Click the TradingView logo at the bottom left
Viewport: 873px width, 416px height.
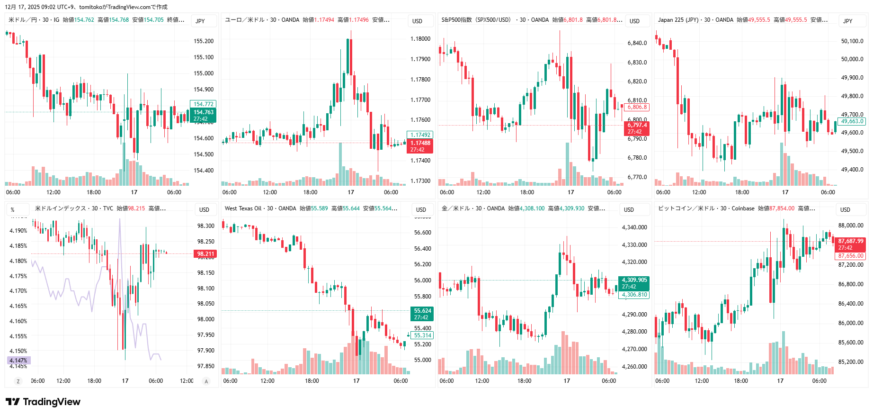43,402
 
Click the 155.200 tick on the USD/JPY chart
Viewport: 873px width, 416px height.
204,41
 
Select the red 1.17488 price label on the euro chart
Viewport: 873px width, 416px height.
420,143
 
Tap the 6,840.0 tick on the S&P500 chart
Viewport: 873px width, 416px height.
637,43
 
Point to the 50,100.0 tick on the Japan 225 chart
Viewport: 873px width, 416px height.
852,41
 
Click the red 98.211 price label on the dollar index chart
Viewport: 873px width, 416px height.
205,254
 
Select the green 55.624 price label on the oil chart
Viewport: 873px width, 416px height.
422,311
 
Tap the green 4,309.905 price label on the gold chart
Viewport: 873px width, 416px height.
634,280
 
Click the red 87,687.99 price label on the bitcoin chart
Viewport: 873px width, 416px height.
850,241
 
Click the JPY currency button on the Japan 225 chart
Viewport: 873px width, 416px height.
847,21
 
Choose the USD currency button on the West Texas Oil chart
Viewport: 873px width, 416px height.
421,209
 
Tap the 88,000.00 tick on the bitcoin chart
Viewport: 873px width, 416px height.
851,226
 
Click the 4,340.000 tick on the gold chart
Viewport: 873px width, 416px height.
634,227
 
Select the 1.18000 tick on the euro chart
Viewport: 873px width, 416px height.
420,39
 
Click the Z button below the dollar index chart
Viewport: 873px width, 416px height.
18,381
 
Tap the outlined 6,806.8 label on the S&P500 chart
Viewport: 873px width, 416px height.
637,107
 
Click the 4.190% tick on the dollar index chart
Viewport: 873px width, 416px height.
18,231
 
